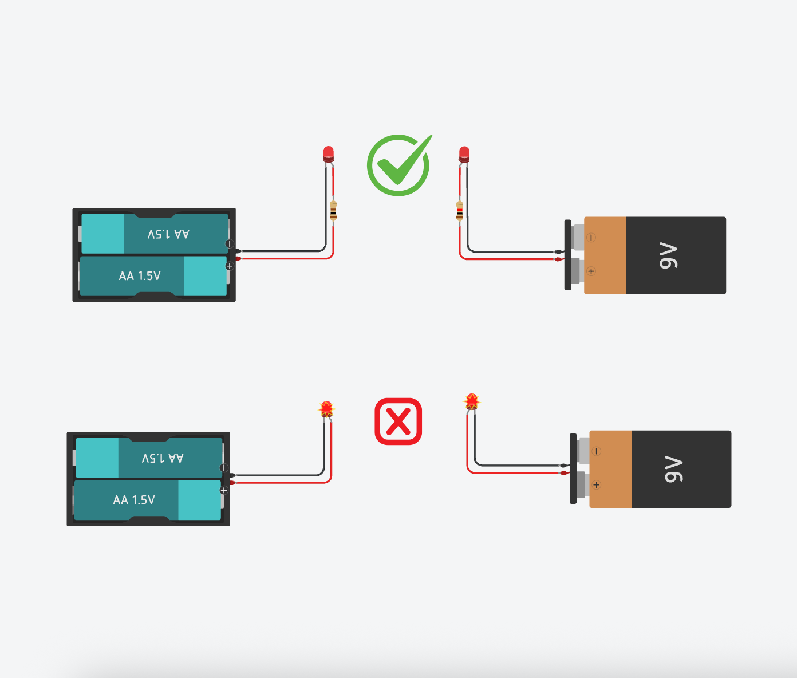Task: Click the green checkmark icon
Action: point(398,165)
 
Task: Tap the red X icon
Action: point(398,421)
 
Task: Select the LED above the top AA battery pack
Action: point(328,153)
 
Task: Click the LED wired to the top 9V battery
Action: point(464,153)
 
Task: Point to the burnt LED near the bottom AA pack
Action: point(326,409)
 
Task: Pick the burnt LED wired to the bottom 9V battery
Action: point(472,402)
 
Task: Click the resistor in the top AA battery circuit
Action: point(333,210)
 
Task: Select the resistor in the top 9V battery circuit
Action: point(459,210)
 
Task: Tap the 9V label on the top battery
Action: point(669,255)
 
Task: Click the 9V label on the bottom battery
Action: point(674,469)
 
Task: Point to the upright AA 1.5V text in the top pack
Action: point(140,276)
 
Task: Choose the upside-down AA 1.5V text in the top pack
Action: point(168,234)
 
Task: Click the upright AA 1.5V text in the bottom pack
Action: point(134,500)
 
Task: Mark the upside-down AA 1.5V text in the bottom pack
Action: point(163,458)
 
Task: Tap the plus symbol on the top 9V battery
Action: point(591,271)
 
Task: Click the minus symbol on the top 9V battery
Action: point(591,237)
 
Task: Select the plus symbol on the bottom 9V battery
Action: point(596,485)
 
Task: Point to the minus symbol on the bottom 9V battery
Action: point(596,451)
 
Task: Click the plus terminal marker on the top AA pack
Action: point(230,266)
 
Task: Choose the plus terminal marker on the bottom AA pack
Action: point(224,490)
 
